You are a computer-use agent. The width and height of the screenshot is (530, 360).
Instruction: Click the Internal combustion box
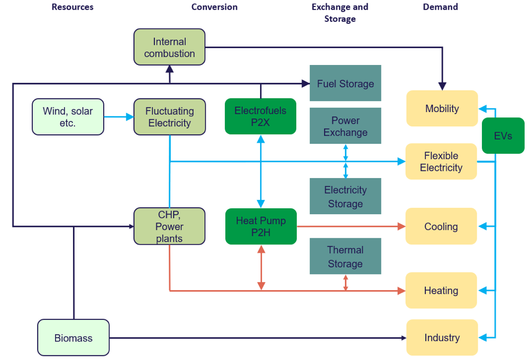tap(169, 47)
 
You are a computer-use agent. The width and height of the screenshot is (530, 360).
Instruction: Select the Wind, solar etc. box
tap(68, 117)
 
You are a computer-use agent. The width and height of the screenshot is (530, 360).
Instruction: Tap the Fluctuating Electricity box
tap(169, 117)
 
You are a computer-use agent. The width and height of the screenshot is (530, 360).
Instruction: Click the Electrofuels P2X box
tap(260, 116)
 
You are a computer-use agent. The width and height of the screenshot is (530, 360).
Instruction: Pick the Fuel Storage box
tap(345, 83)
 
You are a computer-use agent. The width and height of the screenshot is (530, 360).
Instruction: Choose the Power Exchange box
tap(345, 126)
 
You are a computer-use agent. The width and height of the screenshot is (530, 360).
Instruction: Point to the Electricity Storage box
tap(345, 196)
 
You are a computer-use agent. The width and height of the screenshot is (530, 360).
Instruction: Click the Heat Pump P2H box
tap(261, 226)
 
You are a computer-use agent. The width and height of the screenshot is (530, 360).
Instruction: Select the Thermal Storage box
tap(345, 256)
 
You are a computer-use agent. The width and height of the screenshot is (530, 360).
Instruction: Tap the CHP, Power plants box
tap(169, 226)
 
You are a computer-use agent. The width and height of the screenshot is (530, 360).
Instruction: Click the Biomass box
tap(74, 337)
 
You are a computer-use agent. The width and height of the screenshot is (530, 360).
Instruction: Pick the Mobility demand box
tap(442, 108)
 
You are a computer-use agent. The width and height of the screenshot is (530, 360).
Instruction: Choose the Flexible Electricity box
tap(441, 161)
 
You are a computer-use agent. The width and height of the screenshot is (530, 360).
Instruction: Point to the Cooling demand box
tap(441, 226)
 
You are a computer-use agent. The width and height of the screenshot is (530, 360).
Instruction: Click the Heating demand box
tap(441, 290)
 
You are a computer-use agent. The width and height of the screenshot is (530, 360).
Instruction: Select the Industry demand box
tap(442, 337)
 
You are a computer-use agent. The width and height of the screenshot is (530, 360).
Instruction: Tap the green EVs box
tap(503, 135)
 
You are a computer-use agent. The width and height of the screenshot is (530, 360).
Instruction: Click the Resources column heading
tap(72, 7)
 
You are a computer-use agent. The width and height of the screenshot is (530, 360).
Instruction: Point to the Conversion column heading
tap(214, 7)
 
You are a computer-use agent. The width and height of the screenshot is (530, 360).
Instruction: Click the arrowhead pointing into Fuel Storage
tap(306, 83)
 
